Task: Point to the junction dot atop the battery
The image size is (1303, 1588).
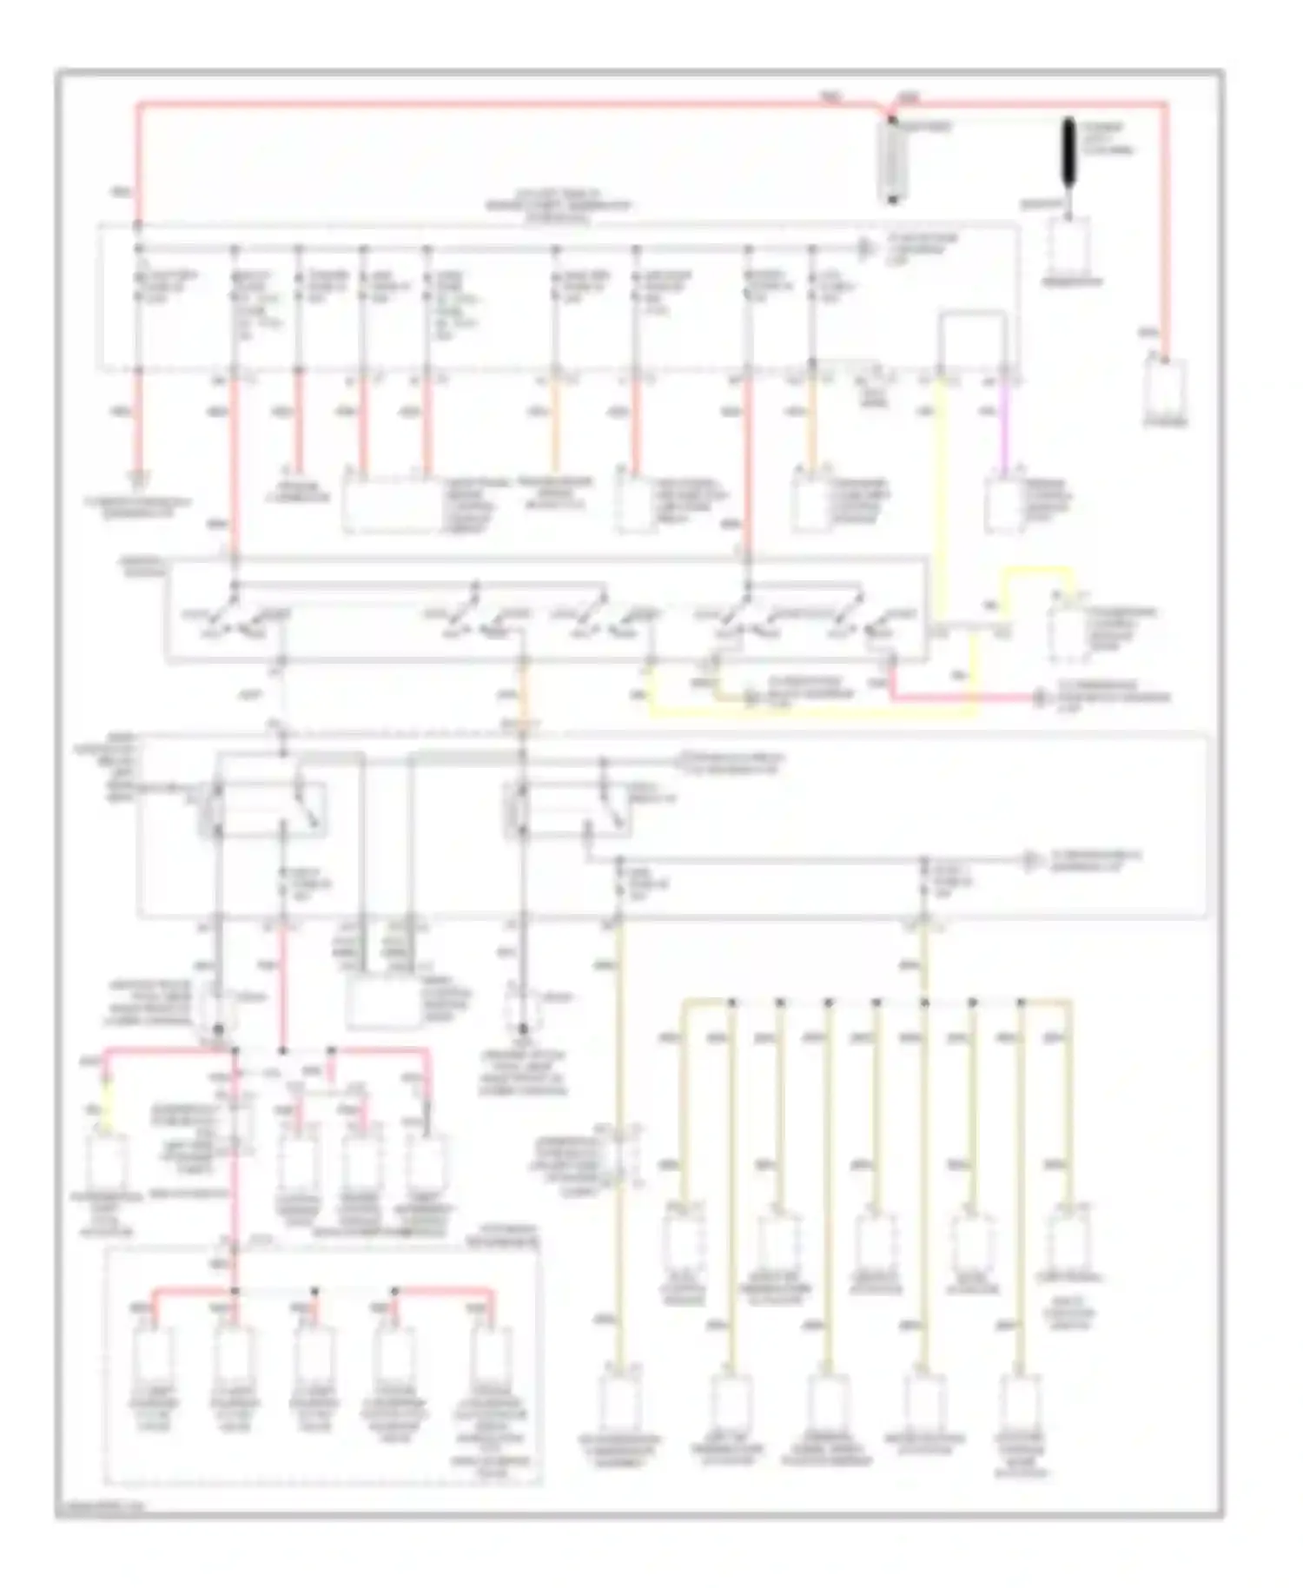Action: [x=891, y=116]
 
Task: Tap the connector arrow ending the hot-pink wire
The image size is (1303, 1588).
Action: [x=1040, y=698]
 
